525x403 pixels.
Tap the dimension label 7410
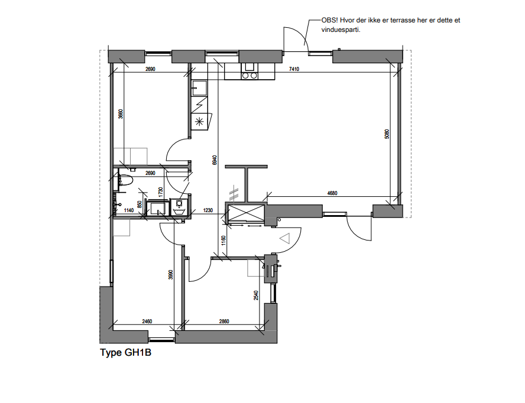(294, 69)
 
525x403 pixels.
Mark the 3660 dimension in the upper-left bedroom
(120, 115)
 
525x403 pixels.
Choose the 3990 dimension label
(170, 274)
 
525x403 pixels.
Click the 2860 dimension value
(223, 321)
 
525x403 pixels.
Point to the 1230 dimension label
(208, 210)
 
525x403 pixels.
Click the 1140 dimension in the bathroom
(128, 210)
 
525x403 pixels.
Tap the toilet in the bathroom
(125, 181)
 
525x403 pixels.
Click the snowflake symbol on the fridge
(199, 122)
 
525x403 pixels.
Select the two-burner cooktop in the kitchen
(249, 75)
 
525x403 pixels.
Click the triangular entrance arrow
(284, 238)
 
